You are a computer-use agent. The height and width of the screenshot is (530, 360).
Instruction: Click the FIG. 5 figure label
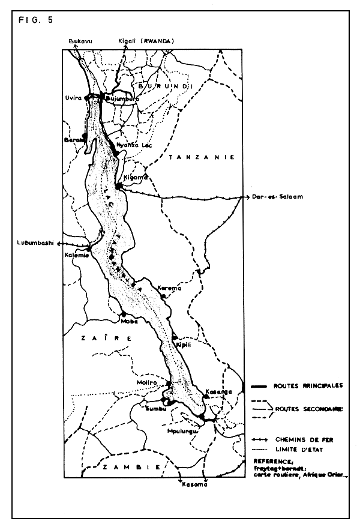tap(35, 19)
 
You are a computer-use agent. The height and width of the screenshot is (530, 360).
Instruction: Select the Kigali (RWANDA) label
tap(146, 41)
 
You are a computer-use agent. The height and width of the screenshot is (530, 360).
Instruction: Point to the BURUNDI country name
tap(164, 86)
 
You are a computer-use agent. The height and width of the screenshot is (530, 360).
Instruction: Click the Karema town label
tap(169, 289)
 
